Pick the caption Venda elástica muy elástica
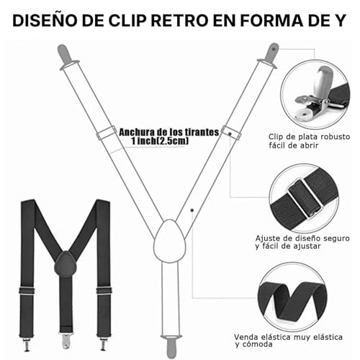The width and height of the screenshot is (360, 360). [x=305, y=338]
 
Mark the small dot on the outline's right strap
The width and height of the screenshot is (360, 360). [x=192, y=210]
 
